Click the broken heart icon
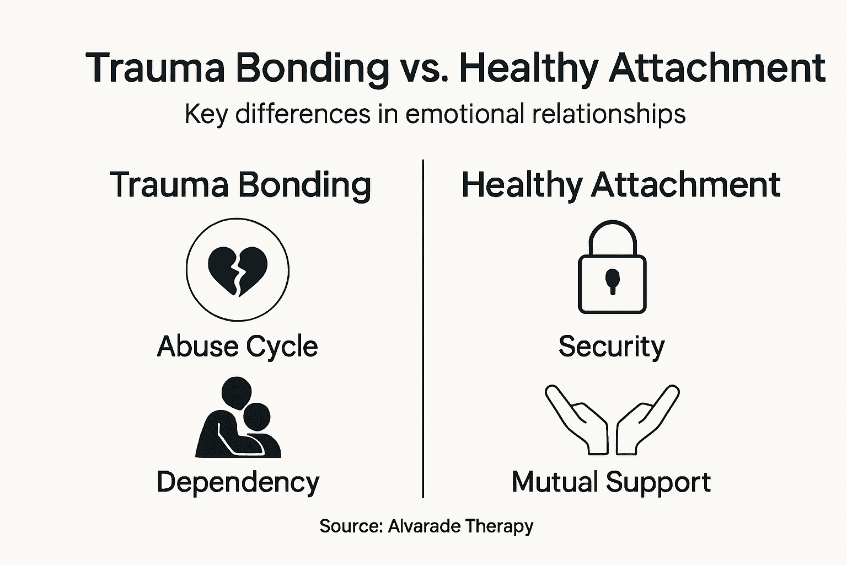(x=238, y=269)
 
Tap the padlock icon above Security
(x=612, y=268)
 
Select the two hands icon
(x=612, y=419)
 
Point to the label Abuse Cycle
(x=238, y=347)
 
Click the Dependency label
(x=238, y=482)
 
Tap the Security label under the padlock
(x=612, y=347)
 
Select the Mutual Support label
(x=611, y=482)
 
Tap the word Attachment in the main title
(x=717, y=68)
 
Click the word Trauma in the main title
(x=156, y=68)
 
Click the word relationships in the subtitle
(x=609, y=115)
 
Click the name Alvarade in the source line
(x=423, y=526)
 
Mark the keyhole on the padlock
(x=612, y=279)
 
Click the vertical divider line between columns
(x=423, y=331)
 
